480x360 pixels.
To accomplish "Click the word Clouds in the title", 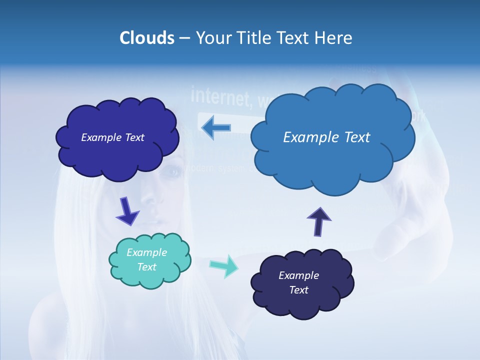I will click(147, 38).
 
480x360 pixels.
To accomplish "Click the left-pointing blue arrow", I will click(216, 127).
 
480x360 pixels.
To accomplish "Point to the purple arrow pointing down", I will click(127, 211).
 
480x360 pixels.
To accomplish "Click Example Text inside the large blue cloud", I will click(326, 137).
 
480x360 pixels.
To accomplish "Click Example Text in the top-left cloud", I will click(112, 137).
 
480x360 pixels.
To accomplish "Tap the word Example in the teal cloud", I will click(146, 252).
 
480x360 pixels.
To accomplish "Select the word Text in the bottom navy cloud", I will click(298, 290).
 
